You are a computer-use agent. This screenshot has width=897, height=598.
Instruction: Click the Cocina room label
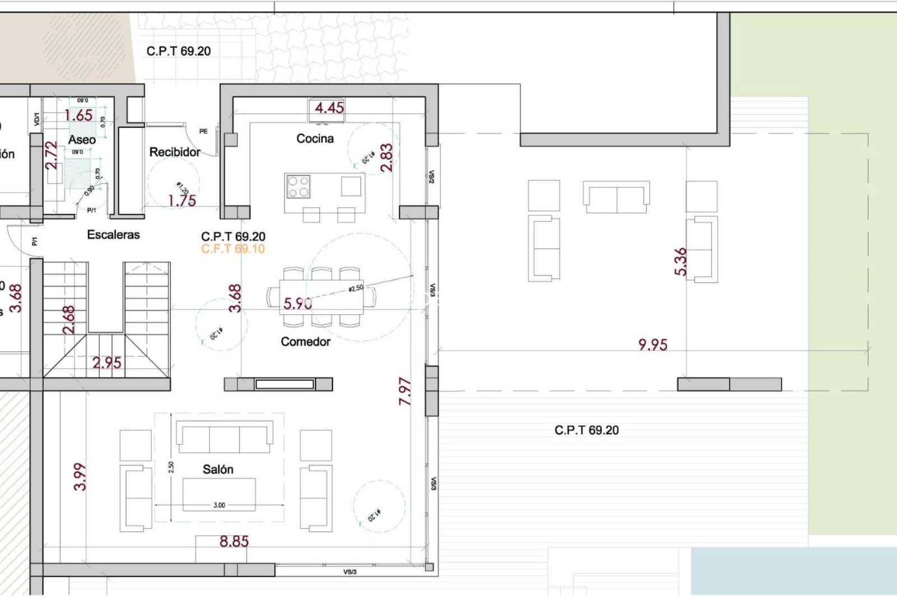point(315,139)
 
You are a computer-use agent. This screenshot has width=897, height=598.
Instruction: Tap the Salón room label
point(218,470)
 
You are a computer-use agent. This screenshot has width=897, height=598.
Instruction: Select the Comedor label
point(306,342)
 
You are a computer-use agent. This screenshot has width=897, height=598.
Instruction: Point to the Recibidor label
point(174,152)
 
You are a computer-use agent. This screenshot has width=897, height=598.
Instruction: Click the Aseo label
point(82,140)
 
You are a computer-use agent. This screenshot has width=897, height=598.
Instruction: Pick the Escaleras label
point(113,234)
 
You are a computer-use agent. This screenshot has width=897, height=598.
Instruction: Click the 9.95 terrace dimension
point(653,344)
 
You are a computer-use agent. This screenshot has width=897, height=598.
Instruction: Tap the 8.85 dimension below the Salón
point(234,541)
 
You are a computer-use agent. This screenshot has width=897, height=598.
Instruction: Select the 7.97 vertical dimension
point(405,391)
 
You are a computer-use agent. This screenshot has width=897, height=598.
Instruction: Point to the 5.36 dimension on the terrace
point(680,261)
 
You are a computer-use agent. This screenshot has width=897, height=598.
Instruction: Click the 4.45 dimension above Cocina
point(329,108)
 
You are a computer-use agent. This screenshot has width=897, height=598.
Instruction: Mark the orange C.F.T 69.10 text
point(233,249)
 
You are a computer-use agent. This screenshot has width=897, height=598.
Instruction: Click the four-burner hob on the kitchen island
point(298,187)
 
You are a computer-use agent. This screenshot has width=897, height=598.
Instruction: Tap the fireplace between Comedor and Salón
point(278,384)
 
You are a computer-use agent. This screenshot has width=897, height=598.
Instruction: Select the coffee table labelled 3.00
point(219,494)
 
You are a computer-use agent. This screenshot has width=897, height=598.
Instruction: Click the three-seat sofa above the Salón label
point(225,436)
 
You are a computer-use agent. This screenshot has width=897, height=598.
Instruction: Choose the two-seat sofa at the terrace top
point(616,197)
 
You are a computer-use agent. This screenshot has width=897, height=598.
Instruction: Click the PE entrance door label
point(203,131)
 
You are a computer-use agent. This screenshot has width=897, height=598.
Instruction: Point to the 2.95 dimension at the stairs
point(107,363)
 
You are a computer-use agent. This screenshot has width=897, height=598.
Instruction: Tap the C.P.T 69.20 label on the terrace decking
point(586,430)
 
